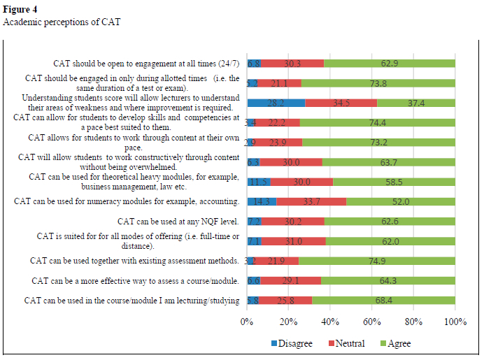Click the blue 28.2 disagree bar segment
pos(276,103)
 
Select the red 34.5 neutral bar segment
pos(341,103)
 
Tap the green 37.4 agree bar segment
pos(416,103)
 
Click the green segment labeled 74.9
pos(376,261)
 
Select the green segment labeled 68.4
pos(383,301)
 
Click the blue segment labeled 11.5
pos(259,182)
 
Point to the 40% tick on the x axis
pos(330,322)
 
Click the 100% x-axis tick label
pos(455,322)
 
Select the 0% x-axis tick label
pos(246,322)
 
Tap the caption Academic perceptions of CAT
pos(62,22)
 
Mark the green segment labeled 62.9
pos(390,63)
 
